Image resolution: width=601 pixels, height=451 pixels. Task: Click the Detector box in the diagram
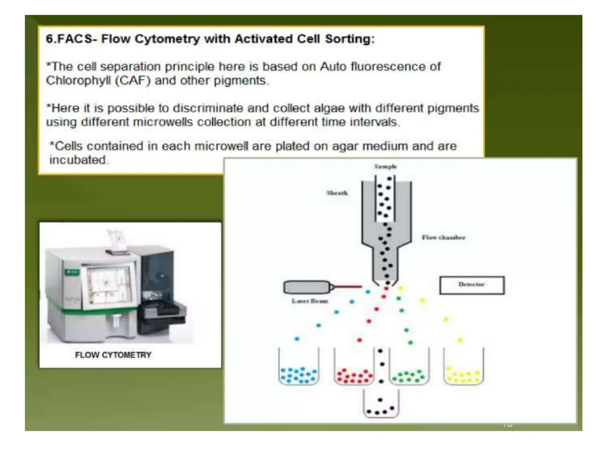472,285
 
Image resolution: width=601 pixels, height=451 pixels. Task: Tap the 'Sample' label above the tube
385,166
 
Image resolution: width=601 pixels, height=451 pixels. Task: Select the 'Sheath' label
337,193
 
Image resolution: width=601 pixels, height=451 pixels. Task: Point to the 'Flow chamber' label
443,237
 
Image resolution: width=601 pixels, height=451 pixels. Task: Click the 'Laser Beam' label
310,301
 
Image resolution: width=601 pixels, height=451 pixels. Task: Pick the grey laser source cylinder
307,287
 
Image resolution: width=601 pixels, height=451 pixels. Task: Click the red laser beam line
348,287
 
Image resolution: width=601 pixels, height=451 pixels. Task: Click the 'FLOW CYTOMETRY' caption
113,355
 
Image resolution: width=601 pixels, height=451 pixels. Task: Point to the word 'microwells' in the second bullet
163,122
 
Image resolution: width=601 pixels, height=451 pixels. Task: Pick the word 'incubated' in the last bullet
77,160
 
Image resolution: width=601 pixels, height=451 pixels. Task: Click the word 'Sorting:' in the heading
350,39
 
